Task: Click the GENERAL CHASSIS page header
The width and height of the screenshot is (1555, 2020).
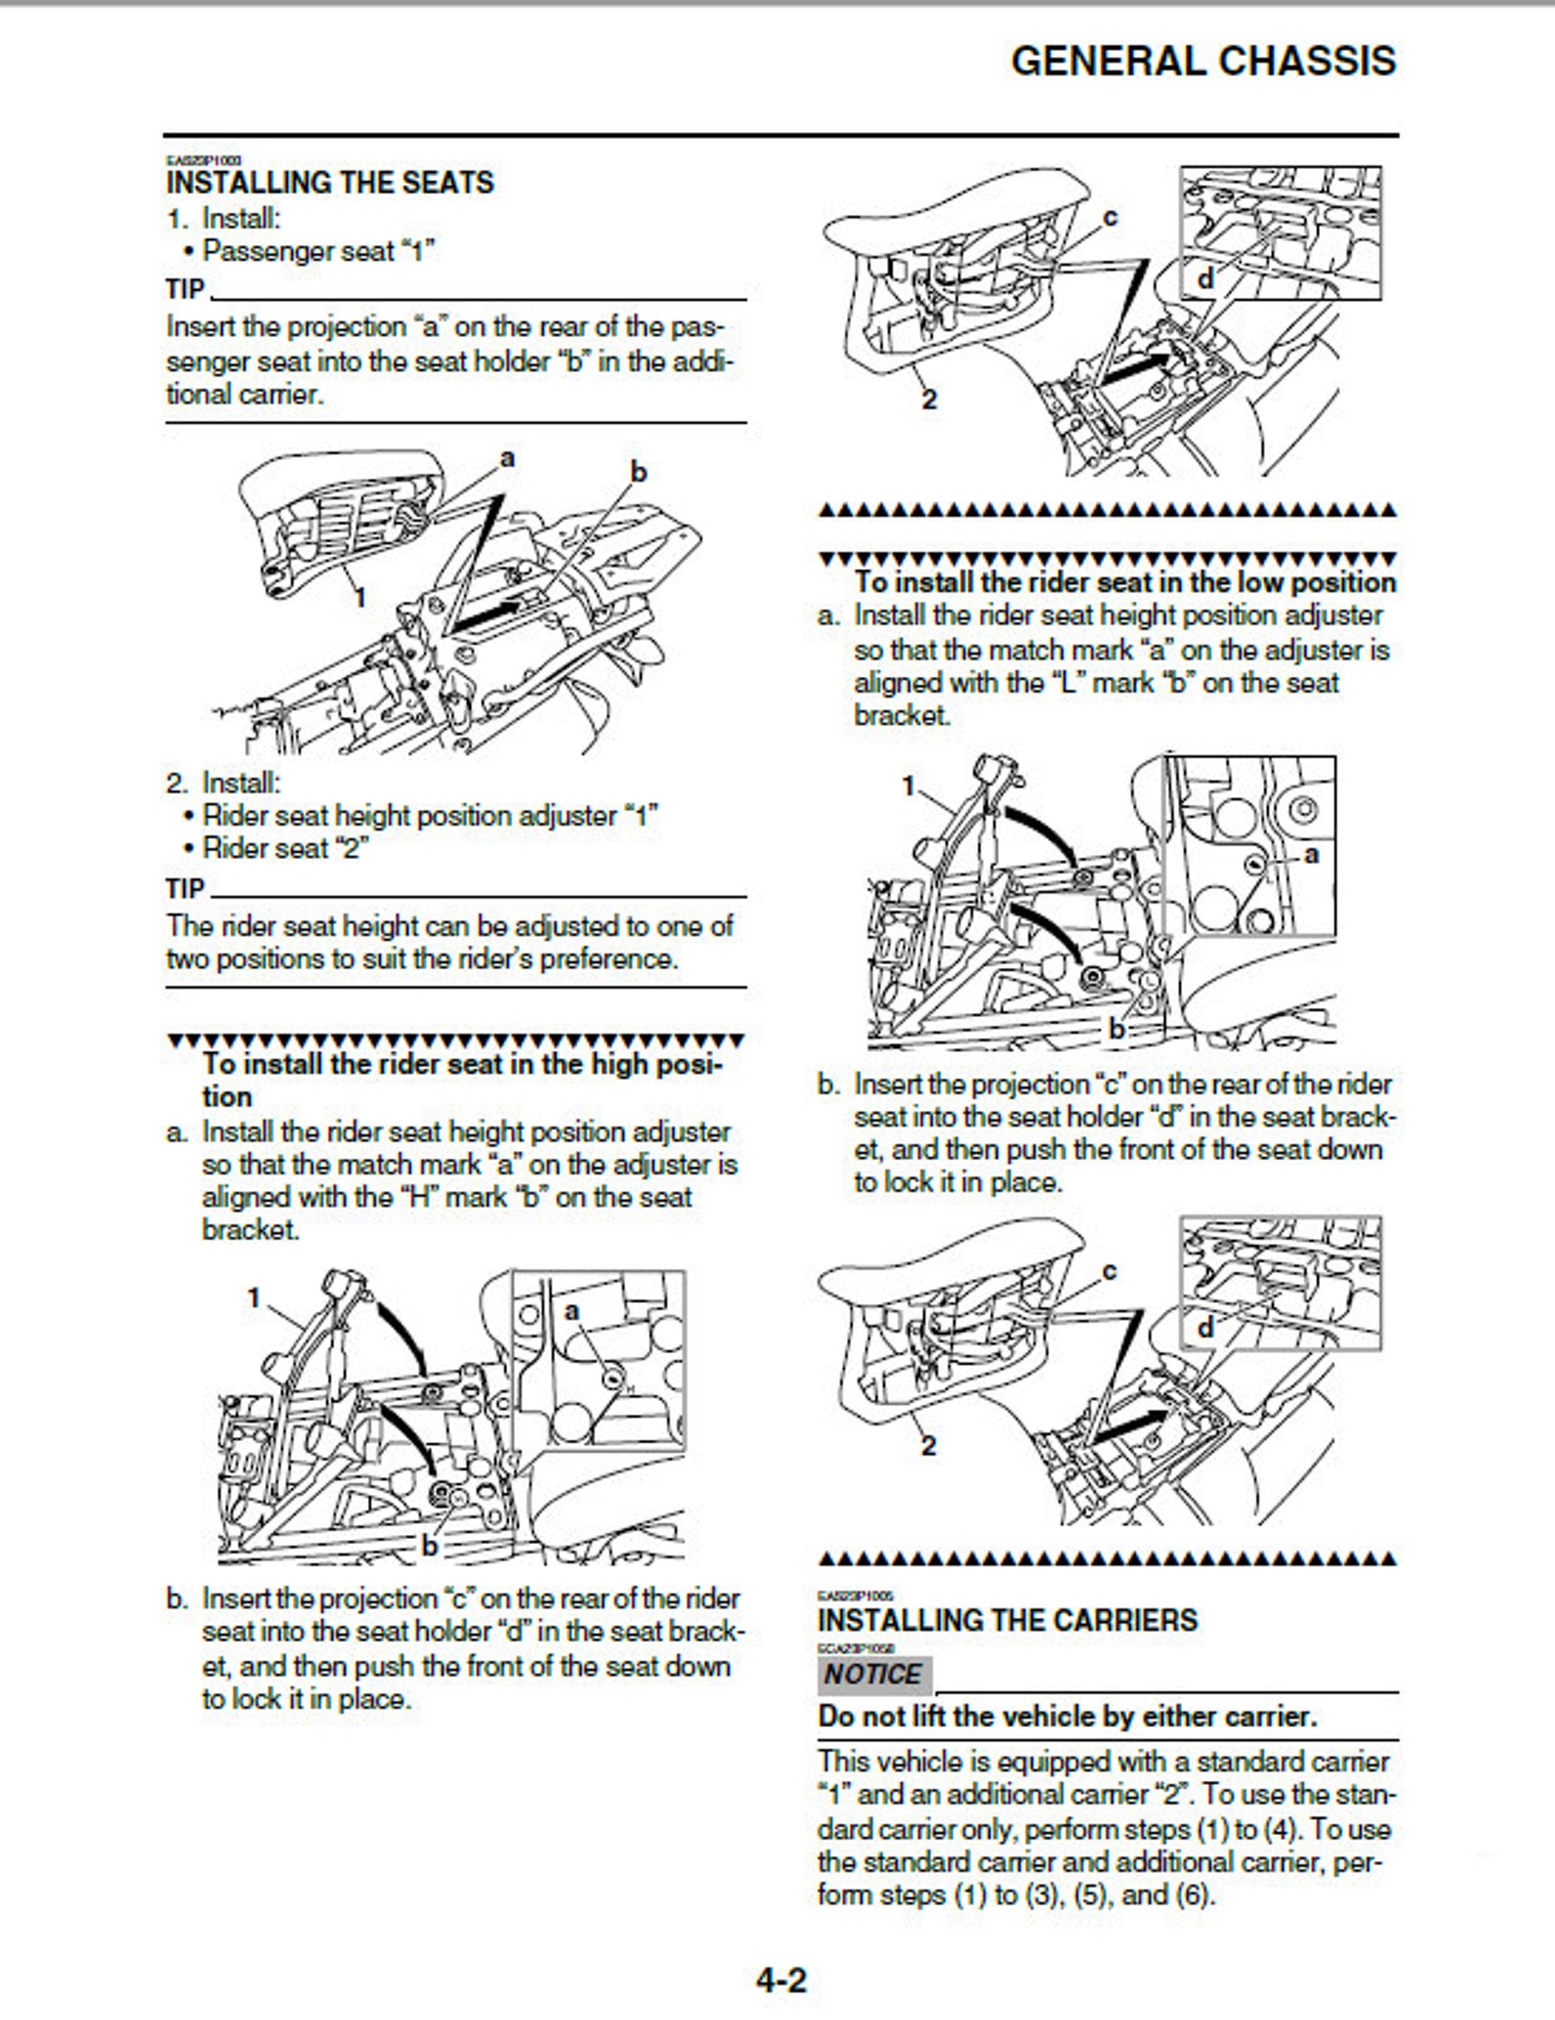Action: click(x=1202, y=61)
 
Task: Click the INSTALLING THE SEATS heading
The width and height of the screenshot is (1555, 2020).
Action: click(x=330, y=183)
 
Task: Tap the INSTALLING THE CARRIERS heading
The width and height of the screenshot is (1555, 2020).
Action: click(x=1007, y=1620)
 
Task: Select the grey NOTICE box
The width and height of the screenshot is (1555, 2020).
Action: click(x=872, y=1674)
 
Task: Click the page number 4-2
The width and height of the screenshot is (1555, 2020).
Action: click(x=780, y=1982)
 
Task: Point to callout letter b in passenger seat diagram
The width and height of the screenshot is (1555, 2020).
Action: click(x=638, y=472)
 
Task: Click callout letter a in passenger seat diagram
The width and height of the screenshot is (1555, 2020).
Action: click(x=506, y=457)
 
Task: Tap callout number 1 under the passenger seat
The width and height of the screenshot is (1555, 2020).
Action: click(x=359, y=596)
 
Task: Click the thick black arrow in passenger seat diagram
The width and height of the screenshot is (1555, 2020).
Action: click(x=488, y=614)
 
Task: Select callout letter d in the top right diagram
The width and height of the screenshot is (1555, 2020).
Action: click(x=1205, y=279)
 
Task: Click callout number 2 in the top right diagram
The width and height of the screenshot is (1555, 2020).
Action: click(x=928, y=399)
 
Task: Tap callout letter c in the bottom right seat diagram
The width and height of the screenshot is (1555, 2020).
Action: click(x=1109, y=1271)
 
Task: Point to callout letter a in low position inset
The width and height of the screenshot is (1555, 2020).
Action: click(x=1312, y=854)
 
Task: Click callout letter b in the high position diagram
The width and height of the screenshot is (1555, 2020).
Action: click(x=429, y=1546)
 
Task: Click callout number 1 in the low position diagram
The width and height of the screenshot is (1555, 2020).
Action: click(x=908, y=785)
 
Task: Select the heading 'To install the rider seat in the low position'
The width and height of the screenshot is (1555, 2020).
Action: click(x=1124, y=582)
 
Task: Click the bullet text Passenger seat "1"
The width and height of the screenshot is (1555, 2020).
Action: click(x=317, y=251)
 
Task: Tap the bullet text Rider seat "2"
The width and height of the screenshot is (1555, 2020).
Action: click(x=284, y=848)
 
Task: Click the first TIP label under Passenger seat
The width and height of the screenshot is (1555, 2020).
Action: click(x=185, y=290)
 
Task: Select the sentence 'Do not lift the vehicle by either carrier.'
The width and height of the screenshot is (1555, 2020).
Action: click(x=1067, y=1716)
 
